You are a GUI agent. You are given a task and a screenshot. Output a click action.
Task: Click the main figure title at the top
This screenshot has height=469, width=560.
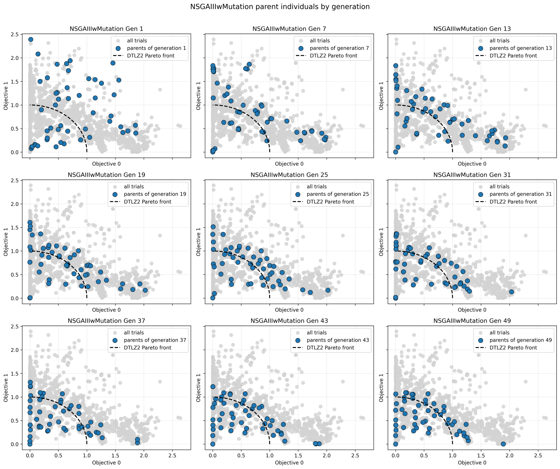tap(280, 7)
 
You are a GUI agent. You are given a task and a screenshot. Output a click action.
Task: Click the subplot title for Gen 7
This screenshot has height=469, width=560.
tap(289, 29)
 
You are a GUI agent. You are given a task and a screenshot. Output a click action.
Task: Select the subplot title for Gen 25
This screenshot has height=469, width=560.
tap(289, 175)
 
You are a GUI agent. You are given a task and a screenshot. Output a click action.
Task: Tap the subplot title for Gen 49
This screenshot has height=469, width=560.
tap(472, 321)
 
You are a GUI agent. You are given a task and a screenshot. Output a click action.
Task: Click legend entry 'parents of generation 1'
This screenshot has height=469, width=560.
tap(156, 48)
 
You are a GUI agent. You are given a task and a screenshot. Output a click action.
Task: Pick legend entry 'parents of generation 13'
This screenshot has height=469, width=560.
tap(520, 48)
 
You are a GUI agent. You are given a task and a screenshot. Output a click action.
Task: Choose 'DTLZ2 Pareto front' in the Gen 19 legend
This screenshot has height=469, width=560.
tap(147, 202)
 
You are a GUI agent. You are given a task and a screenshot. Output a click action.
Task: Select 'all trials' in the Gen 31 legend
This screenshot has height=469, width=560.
tap(499, 187)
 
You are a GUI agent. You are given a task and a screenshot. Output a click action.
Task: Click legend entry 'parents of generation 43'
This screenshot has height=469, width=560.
tap(338, 340)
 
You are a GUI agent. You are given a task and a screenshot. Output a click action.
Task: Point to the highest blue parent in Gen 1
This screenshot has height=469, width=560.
tap(31, 39)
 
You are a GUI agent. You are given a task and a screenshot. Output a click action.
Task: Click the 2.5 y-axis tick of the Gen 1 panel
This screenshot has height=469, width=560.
tap(15, 34)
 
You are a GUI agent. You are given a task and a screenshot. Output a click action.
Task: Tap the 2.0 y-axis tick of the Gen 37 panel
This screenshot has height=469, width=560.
tap(15, 350)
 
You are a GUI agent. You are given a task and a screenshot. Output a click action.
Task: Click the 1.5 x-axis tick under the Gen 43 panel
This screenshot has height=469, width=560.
tap(298, 455)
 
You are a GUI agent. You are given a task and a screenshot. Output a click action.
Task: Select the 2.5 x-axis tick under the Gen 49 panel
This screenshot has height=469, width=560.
tap(538, 455)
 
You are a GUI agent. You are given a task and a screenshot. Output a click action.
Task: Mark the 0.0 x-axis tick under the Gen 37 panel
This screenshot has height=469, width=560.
tap(30, 455)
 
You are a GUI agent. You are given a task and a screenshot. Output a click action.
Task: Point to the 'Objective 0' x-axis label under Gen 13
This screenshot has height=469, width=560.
tap(472, 164)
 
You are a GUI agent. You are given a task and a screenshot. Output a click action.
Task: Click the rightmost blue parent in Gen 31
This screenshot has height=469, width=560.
tap(511, 292)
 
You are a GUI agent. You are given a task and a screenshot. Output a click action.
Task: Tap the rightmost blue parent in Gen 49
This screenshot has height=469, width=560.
tap(503, 444)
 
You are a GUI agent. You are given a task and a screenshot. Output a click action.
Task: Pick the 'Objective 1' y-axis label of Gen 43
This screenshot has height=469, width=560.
tap(198, 388)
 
